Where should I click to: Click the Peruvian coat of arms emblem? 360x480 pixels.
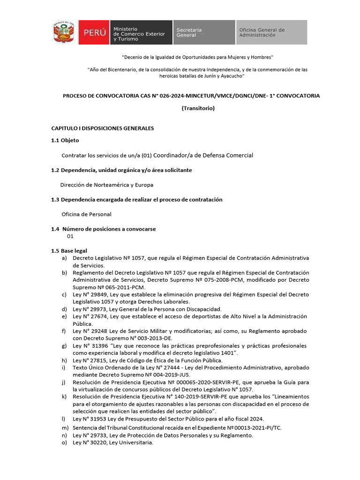[x=63, y=32]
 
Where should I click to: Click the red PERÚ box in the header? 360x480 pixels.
[x=94, y=32]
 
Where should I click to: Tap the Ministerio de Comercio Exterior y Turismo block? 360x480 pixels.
[x=141, y=32]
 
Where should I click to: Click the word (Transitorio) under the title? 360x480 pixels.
[x=198, y=108]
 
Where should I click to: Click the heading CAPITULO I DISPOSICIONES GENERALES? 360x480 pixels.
[x=102, y=128]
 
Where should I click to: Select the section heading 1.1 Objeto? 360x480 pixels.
[x=65, y=140]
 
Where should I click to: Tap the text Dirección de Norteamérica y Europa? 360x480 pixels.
[x=107, y=185]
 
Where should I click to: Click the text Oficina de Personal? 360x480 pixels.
[x=86, y=214]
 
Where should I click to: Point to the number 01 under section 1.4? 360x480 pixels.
[x=70, y=236]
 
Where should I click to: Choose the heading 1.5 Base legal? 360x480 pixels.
[x=69, y=251]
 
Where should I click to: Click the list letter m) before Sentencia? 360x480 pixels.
[x=65, y=428]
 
